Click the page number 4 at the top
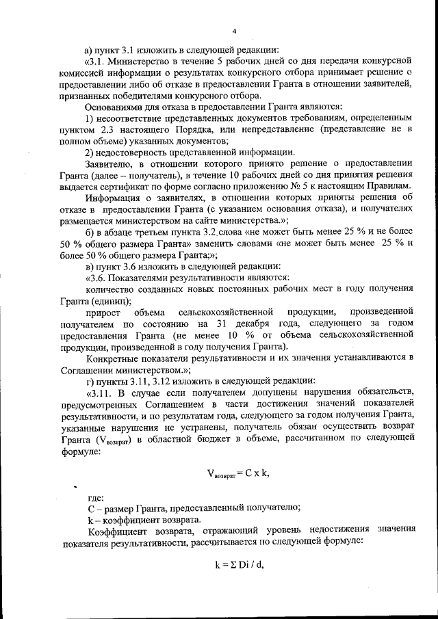234,31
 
